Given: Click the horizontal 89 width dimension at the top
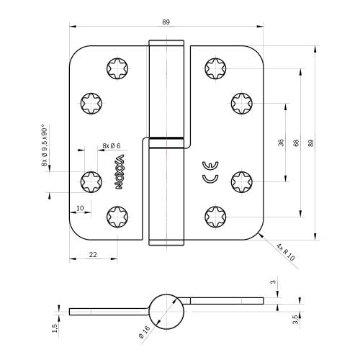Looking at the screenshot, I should [166, 22].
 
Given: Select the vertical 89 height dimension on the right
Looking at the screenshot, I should [311, 143].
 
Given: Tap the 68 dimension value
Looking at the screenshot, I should [296, 143].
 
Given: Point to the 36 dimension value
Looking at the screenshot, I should [281, 143].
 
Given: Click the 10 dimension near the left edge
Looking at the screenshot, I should [79, 209].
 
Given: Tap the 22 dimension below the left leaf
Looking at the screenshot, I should [94, 254].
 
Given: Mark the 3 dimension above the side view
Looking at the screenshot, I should [272, 283].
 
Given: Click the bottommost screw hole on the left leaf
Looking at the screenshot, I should [117, 216].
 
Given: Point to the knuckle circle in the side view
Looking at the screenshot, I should [166, 311].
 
